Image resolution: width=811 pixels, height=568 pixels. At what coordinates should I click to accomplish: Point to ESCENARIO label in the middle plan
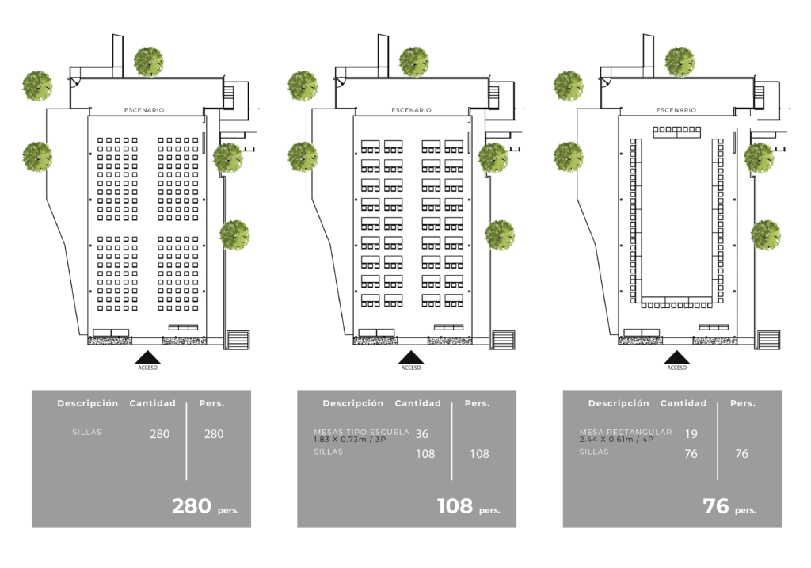click(x=411, y=110)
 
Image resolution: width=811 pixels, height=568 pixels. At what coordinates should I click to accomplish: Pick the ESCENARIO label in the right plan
click(x=676, y=110)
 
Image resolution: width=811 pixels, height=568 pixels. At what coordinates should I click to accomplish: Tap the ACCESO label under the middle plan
click(x=411, y=368)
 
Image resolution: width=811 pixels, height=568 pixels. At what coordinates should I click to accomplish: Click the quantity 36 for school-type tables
click(x=422, y=434)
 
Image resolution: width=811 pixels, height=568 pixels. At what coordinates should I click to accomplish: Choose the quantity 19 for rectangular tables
click(x=691, y=434)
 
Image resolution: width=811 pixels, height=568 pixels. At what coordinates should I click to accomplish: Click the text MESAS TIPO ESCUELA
click(x=362, y=433)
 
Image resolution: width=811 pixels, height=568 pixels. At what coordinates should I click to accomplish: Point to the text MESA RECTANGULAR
click(x=626, y=433)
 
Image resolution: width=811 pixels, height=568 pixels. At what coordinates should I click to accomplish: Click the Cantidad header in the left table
click(x=153, y=403)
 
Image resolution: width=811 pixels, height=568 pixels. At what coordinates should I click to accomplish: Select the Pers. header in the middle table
click(x=477, y=403)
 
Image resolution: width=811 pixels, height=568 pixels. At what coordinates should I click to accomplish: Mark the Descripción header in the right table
click(x=619, y=403)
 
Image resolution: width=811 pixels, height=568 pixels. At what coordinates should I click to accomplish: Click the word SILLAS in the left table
click(x=87, y=433)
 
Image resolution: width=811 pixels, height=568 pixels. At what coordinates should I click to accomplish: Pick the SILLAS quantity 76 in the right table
click(x=691, y=454)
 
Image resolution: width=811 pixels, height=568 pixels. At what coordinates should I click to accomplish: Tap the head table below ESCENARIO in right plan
click(x=676, y=132)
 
